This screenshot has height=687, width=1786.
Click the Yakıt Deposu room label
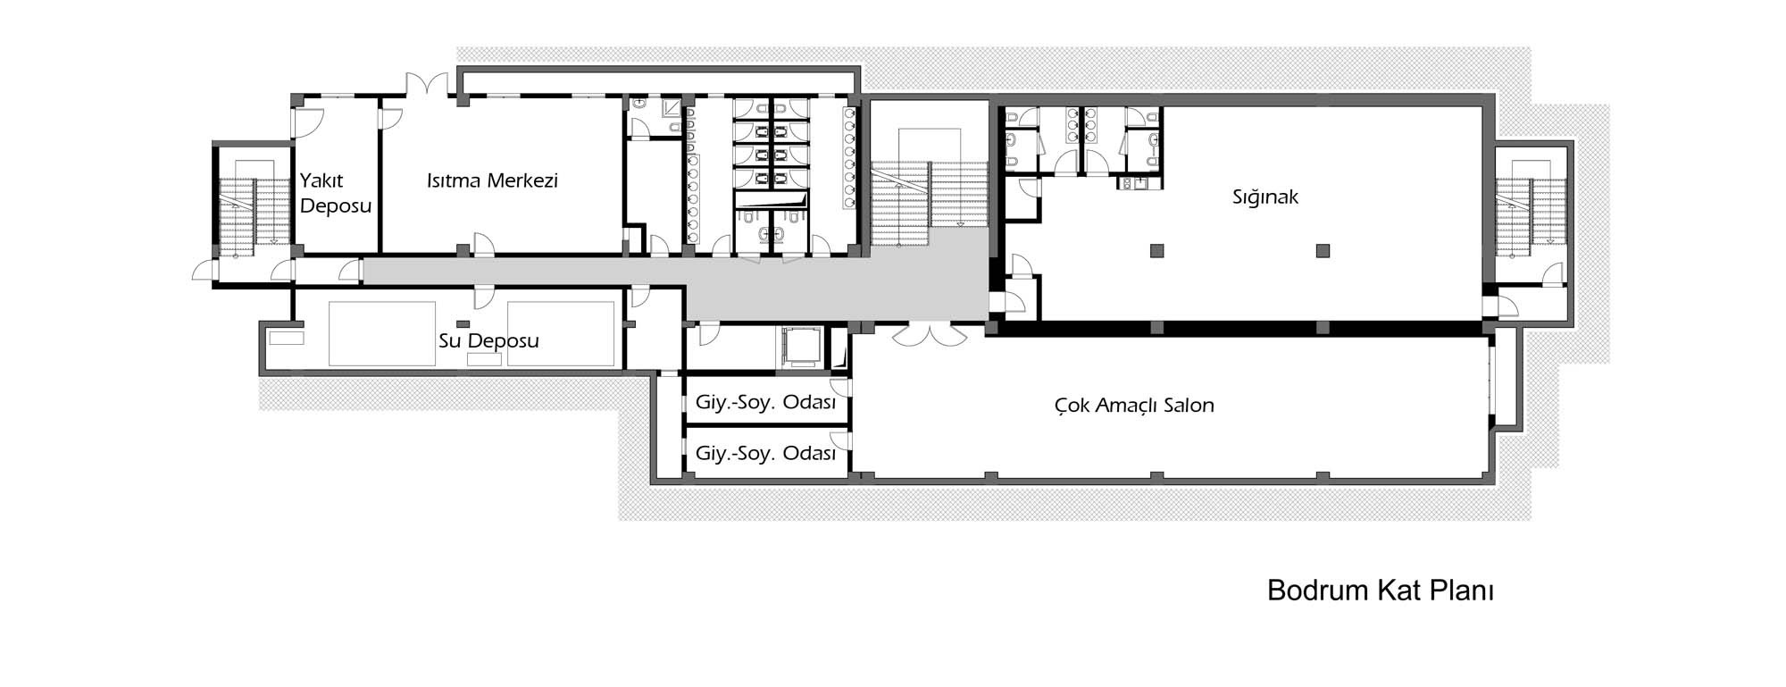click(x=336, y=193)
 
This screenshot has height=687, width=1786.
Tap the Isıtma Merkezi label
click(x=492, y=180)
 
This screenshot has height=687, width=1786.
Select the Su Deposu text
click(x=488, y=340)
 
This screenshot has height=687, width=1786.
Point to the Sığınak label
click(x=1265, y=197)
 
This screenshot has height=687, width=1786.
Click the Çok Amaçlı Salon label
click(x=1134, y=406)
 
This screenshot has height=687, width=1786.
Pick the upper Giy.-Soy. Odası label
click(x=765, y=402)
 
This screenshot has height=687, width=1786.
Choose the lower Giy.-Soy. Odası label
click(x=765, y=453)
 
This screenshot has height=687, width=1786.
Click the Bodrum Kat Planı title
click(x=1381, y=591)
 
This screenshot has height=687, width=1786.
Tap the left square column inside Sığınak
click(x=1157, y=250)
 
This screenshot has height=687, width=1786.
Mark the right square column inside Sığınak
click(x=1323, y=250)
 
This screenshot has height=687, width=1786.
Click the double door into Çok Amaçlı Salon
click(x=930, y=333)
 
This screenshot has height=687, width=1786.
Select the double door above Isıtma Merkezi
click(x=427, y=84)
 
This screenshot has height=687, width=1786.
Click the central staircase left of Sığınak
click(x=930, y=192)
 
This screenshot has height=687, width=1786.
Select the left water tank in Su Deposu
click(x=382, y=333)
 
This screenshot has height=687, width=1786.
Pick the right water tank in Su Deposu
click(x=562, y=333)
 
